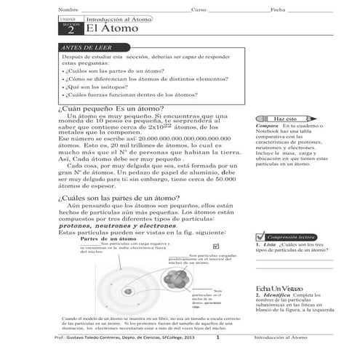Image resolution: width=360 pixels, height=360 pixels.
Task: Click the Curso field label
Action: coord(199,9)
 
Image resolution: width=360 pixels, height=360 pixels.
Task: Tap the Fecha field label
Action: coord(279,9)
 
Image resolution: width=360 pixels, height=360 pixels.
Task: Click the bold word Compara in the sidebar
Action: coord(268,126)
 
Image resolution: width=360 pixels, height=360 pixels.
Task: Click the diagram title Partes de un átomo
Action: coord(108,239)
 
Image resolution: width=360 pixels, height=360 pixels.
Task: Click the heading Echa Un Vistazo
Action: coord(274,289)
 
